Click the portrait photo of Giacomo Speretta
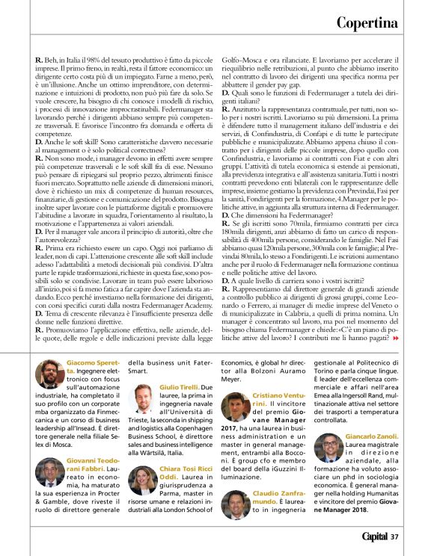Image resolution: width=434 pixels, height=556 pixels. pyautogui.click(x=51, y=374)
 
